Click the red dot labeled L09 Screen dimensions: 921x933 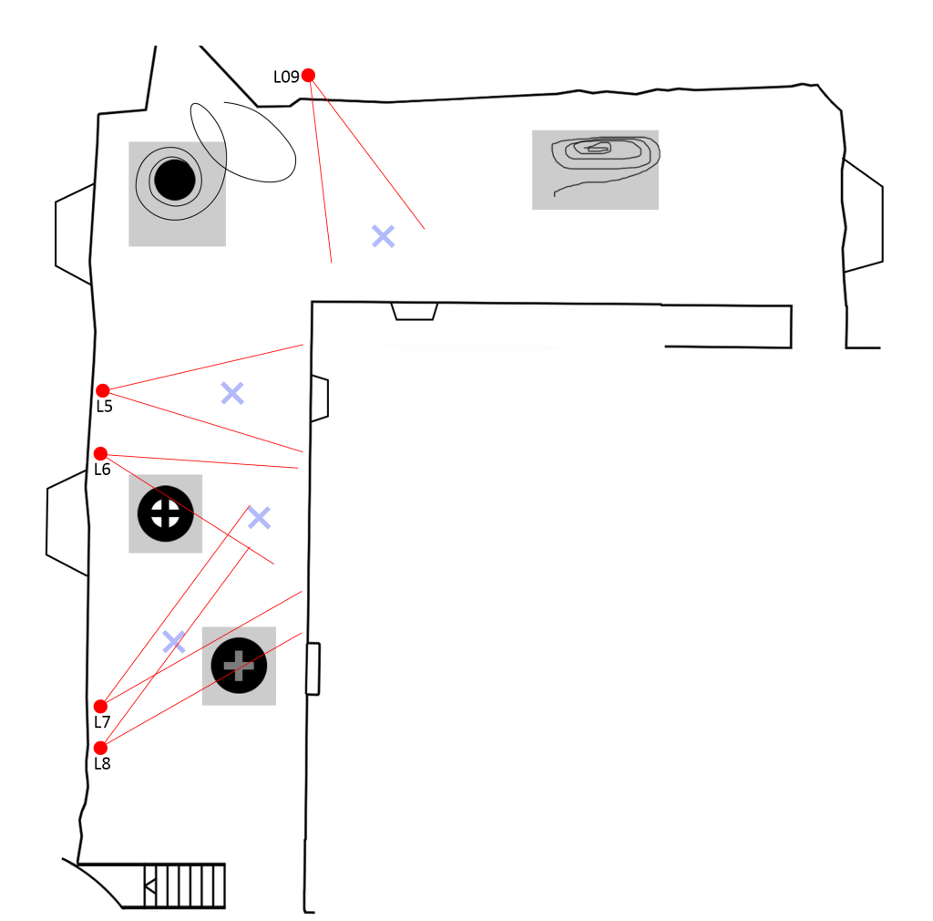point(308,75)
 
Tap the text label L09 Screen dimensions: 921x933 point(286,78)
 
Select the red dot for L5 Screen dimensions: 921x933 point(103,390)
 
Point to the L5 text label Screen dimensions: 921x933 point(104,407)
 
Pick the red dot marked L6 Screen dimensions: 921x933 point(100,453)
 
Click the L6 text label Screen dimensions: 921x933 point(102,470)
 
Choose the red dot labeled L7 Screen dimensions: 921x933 point(100,706)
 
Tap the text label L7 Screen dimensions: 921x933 point(102,722)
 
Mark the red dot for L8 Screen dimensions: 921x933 point(100,748)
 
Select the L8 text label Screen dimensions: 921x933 point(102,764)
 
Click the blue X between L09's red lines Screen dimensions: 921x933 point(384,236)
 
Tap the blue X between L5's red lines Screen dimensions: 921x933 point(232,393)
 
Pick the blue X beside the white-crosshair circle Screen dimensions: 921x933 point(260,518)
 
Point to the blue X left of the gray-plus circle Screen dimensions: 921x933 point(173,642)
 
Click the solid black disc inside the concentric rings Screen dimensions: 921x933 point(175,179)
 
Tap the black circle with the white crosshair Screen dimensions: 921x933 point(165,512)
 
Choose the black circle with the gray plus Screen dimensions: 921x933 point(239,666)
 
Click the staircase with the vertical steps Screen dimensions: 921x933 point(185,885)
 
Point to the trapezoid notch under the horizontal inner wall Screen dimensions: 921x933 point(415,311)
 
